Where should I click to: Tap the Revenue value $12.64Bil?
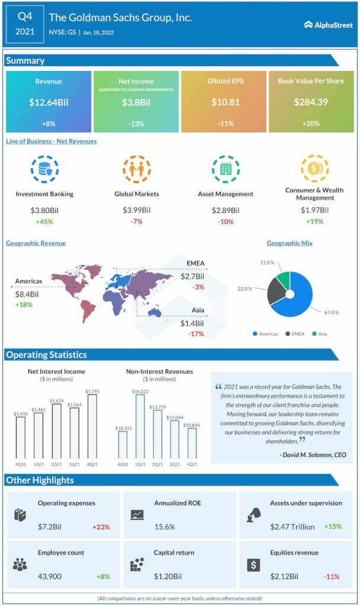pos(49,102)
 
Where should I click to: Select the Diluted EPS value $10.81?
pos(226,102)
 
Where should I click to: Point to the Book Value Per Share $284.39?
pos(311,102)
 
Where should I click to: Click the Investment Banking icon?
pos(44,169)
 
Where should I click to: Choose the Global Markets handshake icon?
pos(137,169)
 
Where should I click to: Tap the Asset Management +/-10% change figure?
pos(225,222)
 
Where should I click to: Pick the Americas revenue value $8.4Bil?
pos(27,294)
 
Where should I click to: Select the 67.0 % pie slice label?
pos(332,312)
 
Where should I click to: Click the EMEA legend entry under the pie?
pos(295,334)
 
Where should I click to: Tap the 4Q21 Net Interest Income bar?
pos(92,426)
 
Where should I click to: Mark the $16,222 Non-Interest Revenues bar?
pos(140,426)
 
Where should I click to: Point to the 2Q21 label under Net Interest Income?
pos(56,465)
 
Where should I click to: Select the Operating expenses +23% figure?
pos(101,527)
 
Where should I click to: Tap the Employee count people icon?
pos(20,564)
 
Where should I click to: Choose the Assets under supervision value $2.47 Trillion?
pos(292,527)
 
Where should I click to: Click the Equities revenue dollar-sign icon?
pos(253,565)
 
